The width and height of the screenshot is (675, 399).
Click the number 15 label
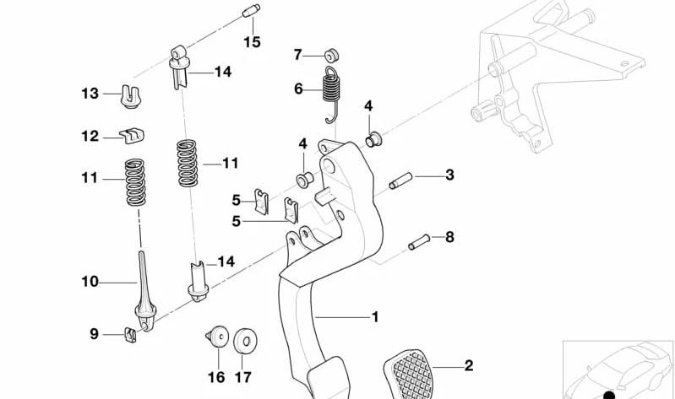pyautogui.click(x=253, y=41)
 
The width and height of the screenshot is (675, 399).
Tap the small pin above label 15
pyautogui.click(x=249, y=12)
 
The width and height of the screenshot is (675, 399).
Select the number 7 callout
pyautogui.click(x=297, y=55)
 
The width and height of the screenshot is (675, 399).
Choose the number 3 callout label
pyautogui.click(x=449, y=175)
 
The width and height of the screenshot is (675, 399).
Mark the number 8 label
pyautogui.click(x=449, y=237)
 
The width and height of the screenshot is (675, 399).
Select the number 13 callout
pyautogui.click(x=90, y=94)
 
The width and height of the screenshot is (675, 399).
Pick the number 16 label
pyautogui.click(x=217, y=376)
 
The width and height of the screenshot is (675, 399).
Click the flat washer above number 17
pyautogui.click(x=246, y=340)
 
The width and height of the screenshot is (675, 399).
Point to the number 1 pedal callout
pyautogui.click(x=374, y=317)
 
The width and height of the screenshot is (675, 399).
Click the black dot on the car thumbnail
pyautogui.click(x=608, y=393)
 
